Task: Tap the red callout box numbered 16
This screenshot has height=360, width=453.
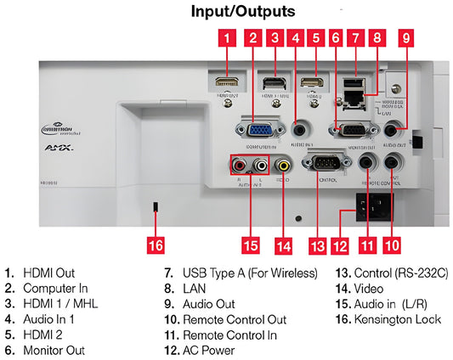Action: pos(155,245)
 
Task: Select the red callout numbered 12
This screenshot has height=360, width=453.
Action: pos(340,245)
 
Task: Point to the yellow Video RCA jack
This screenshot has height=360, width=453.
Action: pos(282,166)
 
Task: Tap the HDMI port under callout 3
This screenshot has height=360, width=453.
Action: pos(274,84)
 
